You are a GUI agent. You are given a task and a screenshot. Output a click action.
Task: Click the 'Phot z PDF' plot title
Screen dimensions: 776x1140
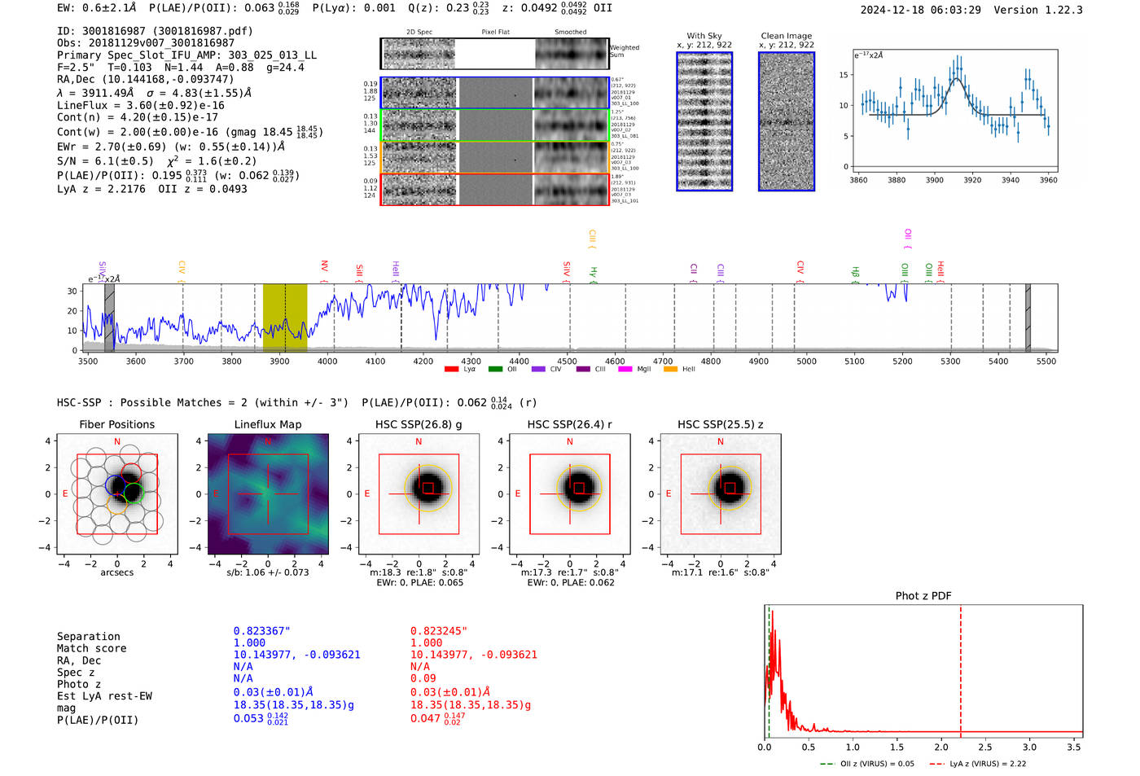pos(923,596)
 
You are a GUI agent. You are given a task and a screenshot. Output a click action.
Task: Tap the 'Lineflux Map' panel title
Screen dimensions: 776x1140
pos(267,424)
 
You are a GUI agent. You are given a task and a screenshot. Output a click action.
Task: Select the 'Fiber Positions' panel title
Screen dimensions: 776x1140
pos(116,424)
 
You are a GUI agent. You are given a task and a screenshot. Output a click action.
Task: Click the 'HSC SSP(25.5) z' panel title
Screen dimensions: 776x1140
pos(720,424)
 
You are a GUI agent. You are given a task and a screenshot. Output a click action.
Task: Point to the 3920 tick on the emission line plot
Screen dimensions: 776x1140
pos(972,180)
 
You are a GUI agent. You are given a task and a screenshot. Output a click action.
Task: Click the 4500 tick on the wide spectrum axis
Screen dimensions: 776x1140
pos(567,361)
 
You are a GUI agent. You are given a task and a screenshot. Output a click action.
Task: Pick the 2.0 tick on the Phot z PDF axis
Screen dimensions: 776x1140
pos(940,747)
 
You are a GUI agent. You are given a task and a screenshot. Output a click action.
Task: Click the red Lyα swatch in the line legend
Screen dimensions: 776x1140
pos(451,370)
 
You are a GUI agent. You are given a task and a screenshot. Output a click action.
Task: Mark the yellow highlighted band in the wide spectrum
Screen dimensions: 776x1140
pos(285,317)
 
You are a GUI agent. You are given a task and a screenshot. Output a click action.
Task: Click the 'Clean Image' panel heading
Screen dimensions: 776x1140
pos(786,36)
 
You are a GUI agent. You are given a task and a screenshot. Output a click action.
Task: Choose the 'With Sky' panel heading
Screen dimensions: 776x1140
pos(704,36)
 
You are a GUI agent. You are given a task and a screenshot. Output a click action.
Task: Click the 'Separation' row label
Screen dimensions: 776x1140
pos(89,637)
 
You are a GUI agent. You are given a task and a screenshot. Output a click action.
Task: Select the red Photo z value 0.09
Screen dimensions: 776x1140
pos(423,678)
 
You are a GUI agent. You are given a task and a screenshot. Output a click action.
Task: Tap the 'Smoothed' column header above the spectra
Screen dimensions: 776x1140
pos(570,33)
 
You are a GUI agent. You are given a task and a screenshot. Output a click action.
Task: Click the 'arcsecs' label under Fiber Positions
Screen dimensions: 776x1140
pos(116,572)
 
